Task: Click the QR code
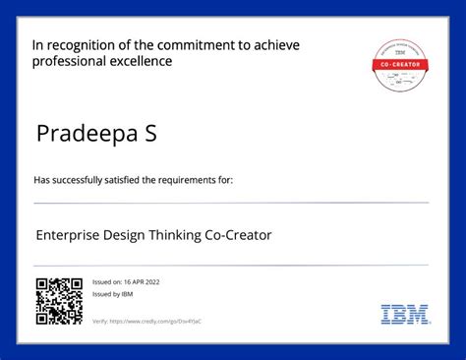click(x=59, y=301)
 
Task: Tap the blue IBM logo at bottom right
click(x=404, y=315)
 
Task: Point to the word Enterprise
click(x=70, y=236)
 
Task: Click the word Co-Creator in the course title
click(x=239, y=236)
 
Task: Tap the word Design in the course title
click(x=127, y=236)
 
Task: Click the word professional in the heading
click(x=67, y=62)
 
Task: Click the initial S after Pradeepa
click(x=152, y=134)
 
